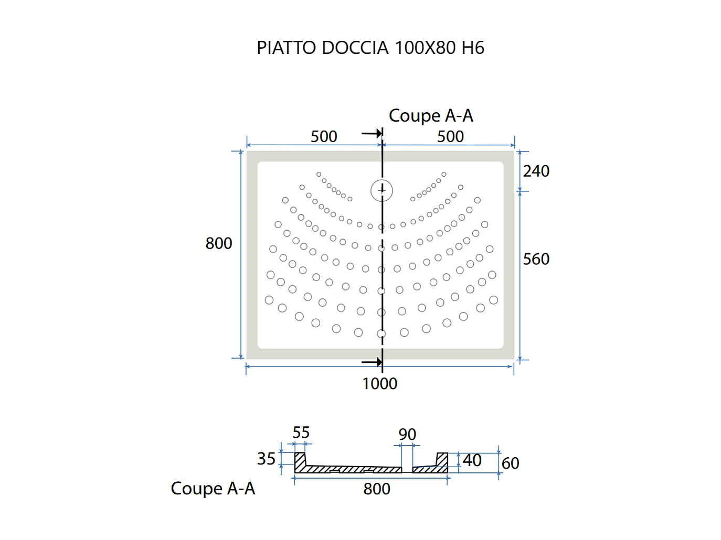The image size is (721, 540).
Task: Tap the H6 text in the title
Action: pyautogui.click(x=473, y=48)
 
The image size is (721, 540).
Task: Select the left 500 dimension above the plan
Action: pyautogui.click(x=324, y=136)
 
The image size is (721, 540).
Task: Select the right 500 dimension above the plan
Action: pyautogui.click(x=450, y=136)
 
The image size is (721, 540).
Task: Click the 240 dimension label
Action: pyautogui.click(x=536, y=171)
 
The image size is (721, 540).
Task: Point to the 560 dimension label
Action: pyautogui.click(x=536, y=259)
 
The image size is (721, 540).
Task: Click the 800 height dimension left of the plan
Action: pyautogui.click(x=219, y=243)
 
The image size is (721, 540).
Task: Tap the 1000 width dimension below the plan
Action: pyautogui.click(x=379, y=384)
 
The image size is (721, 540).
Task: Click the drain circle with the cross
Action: pyautogui.click(x=381, y=190)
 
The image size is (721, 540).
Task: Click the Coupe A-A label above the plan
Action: pyautogui.click(x=431, y=116)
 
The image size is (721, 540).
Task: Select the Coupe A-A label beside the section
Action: pyautogui.click(x=213, y=489)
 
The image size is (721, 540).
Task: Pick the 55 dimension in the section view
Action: pyautogui.click(x=301, y=433)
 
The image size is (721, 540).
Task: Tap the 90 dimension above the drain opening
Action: pyautogui.click(x=407, y=434)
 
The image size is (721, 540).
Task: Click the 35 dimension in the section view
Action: pyautogui.click(x=266, y=459)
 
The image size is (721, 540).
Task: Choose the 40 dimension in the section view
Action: pyautogui.click(x=472, y=460)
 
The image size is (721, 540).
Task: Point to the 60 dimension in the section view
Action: pyautogui.click(x=510, y=463)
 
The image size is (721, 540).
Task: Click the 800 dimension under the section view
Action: pyautogui.click(x=377, y=489)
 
